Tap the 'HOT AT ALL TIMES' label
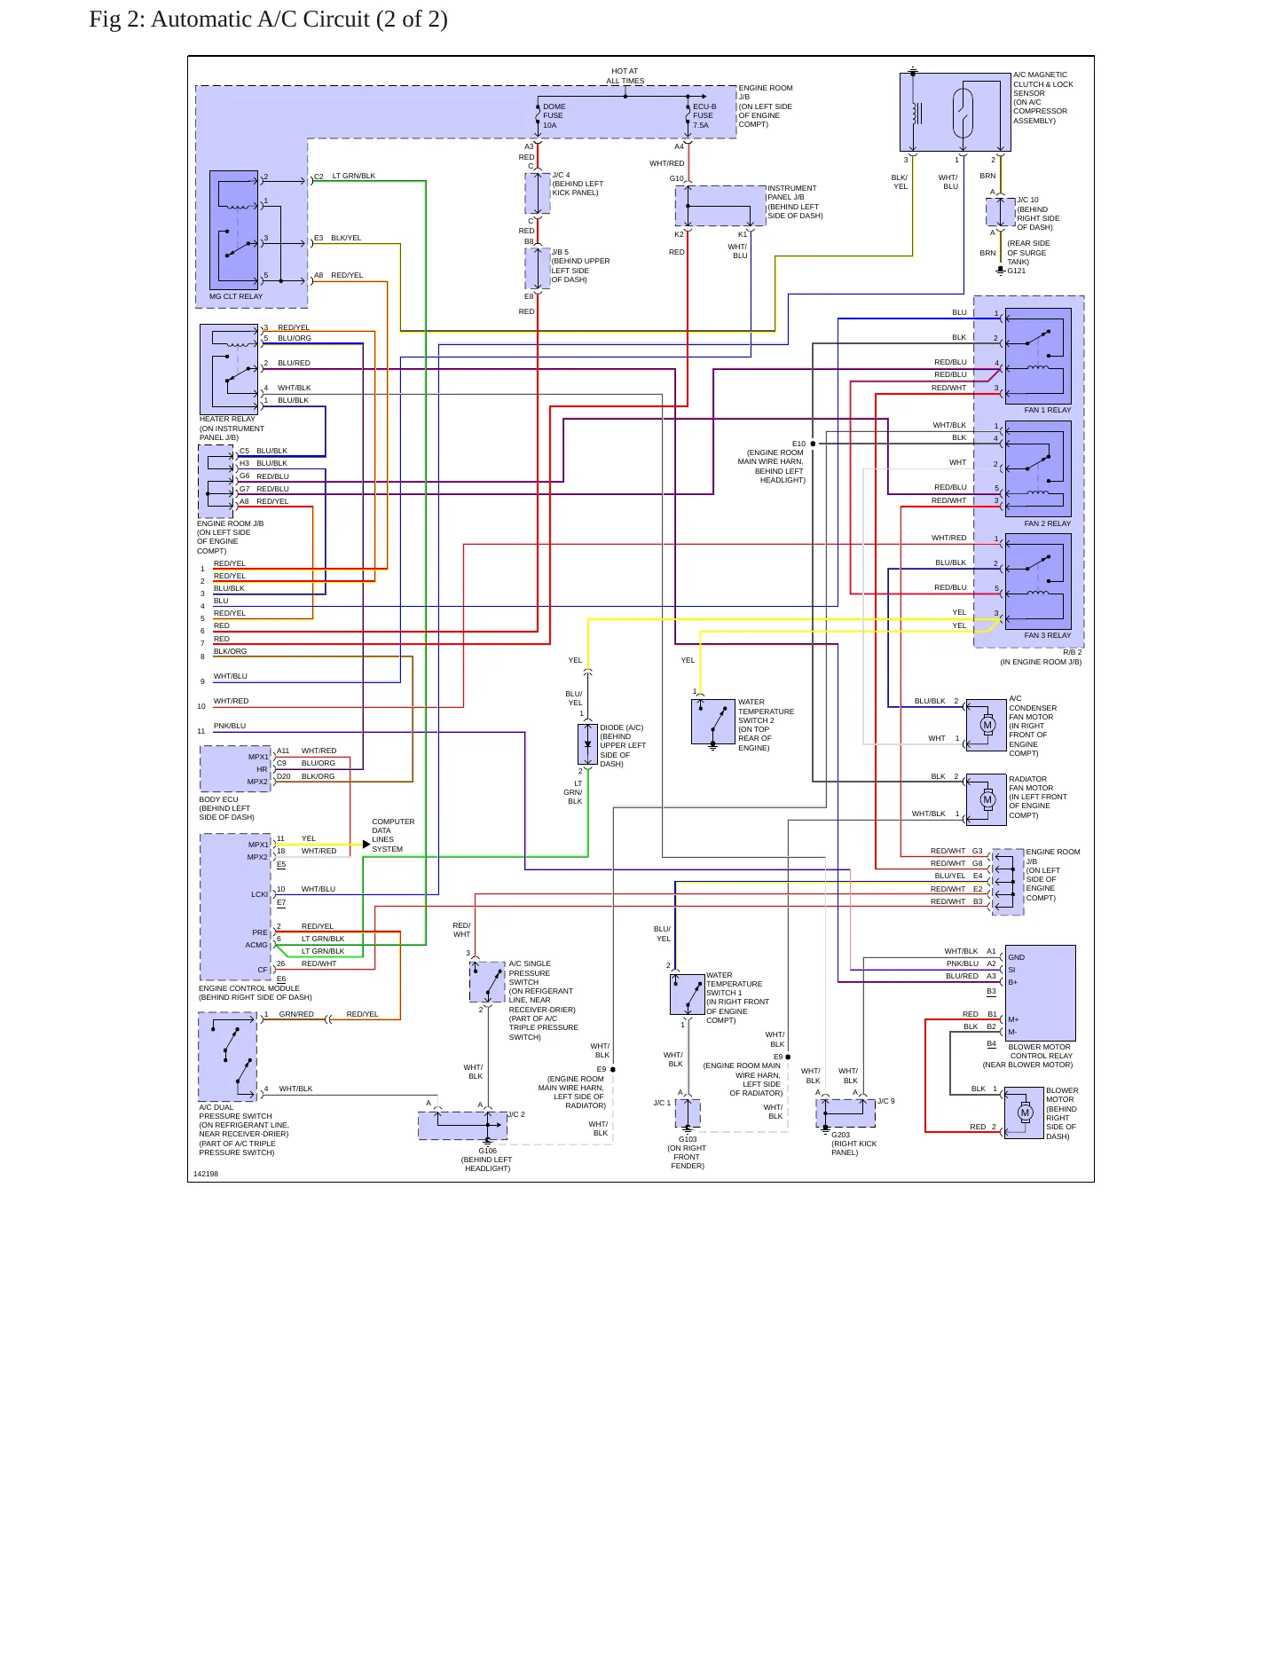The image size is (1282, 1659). point(625,76)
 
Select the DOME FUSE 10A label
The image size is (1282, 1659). point(554,115)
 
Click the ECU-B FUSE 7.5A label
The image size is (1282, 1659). point(704,115)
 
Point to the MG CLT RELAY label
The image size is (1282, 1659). point(236,296)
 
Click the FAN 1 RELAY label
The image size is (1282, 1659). point(1047,410)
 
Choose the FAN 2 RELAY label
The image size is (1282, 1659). point(1047,523)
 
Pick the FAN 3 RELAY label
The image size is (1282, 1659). point(1047,635)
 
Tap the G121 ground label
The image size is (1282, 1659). point(1016,271)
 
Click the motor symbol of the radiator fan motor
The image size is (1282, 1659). point(987,799)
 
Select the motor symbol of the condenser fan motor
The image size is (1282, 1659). point(987,725)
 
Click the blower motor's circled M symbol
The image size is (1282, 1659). point(1026,1113)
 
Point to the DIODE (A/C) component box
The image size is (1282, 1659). point(587,744)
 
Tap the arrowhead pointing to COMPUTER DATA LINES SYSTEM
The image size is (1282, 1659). point(366,845)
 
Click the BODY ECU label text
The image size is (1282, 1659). point(218,799)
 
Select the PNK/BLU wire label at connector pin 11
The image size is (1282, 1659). point(230,726)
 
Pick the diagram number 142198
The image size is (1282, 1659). point(206,1174)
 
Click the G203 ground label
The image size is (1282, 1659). point(840,1135)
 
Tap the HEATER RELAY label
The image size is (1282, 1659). point(227,419)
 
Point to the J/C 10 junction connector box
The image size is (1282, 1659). point(1001,212)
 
